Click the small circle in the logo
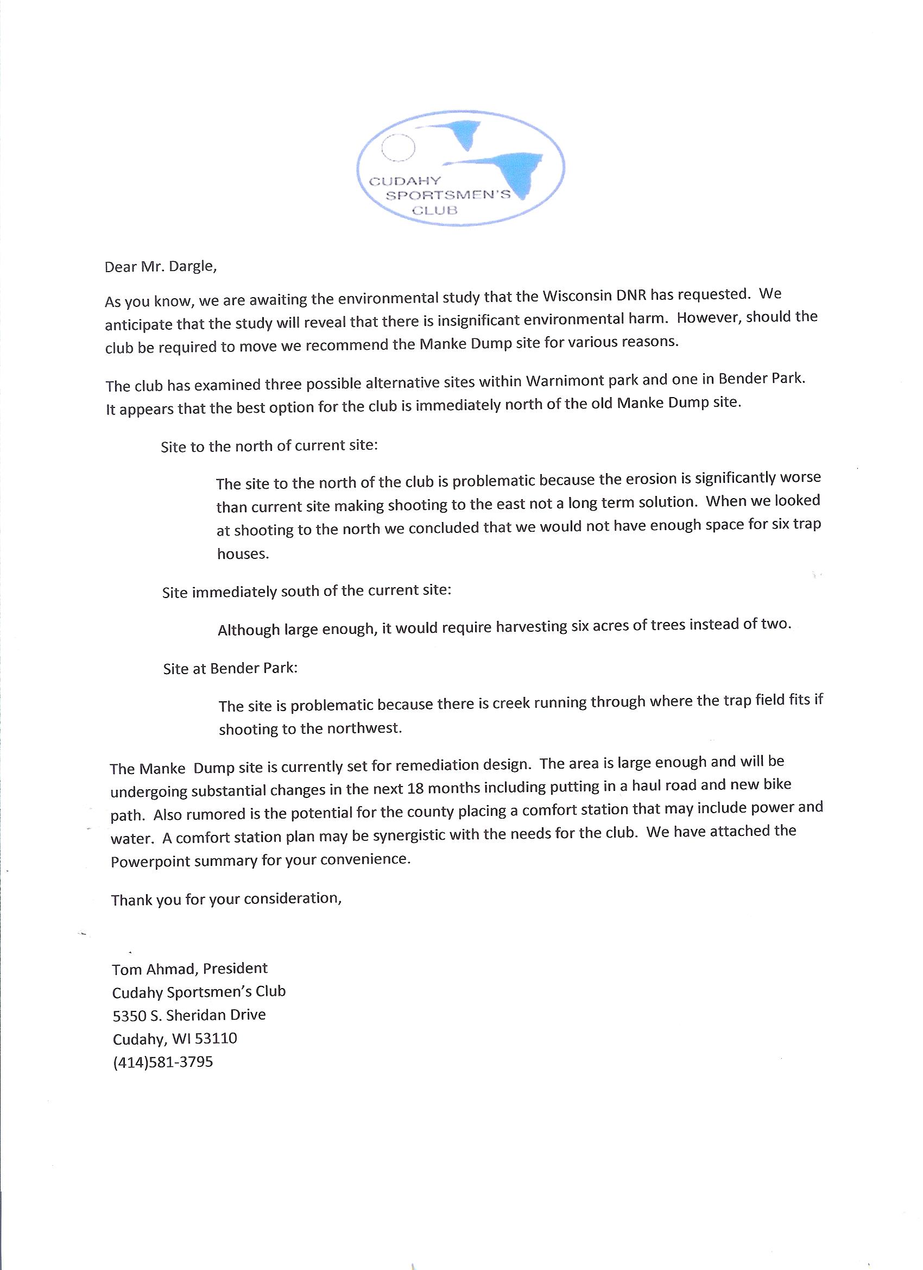(397, 148)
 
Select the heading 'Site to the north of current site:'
(269, 447)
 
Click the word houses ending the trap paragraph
(243, 555)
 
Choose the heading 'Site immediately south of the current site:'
(306, 592)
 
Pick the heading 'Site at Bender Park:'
(230, 668)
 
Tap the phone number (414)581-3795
(163, 1062)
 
